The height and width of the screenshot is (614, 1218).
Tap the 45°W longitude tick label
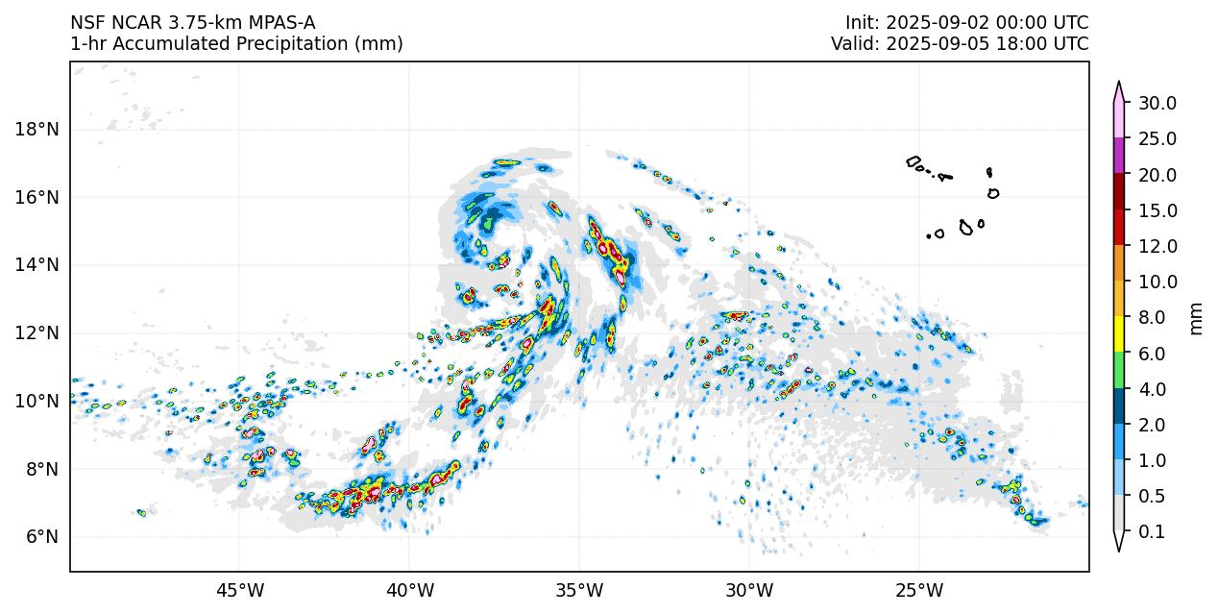(x=239, y=588)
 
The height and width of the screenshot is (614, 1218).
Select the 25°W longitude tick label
(x=919, y=588)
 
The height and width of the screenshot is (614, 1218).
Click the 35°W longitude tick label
(x=579, y=588)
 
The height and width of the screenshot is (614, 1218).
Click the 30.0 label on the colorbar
(x=1157, y=104)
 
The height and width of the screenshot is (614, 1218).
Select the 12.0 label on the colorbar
(x=1157, y=246)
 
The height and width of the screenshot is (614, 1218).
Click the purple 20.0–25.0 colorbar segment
(x=1119, y=156)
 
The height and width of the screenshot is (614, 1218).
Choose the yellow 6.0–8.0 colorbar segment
(x=1119, y=334)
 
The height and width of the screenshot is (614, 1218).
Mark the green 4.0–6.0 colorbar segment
(x=1119, y=370)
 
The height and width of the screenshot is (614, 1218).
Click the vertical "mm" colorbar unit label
(x=1196, y=318)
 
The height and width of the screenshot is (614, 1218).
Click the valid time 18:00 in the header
(x=1025, y=44)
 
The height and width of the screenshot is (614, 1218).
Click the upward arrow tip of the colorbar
(x=1119, y=84)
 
